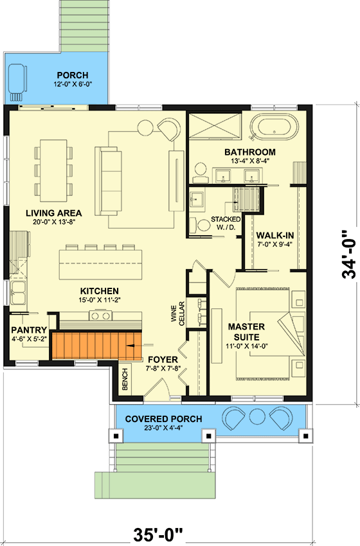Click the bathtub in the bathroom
(274, 127)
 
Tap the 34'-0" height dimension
(349, 254)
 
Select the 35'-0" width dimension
(158, 534)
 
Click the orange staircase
(97, 346)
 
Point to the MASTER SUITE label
(246, 332)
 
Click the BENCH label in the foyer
(125, 379)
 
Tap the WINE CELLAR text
(178, 313)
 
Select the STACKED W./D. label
(226, 223)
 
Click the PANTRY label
(29, 330)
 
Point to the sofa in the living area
(108, 181)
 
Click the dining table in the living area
(53, 171)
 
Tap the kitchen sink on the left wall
(18, 293)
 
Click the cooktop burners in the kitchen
(101, 315)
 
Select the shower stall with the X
(215, 126)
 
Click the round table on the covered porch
(257, 417)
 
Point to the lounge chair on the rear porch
(17, 80)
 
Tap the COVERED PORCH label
(163, 419)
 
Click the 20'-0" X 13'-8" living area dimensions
(53, 222)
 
